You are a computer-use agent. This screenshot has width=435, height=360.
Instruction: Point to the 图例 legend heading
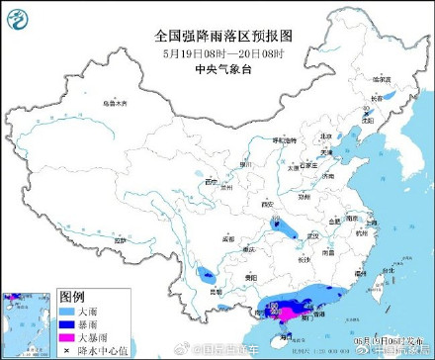[71, 297]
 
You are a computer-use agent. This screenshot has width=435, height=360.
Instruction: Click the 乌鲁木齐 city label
[117, 103]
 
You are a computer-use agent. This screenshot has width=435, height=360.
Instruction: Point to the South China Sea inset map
[27, 322]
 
